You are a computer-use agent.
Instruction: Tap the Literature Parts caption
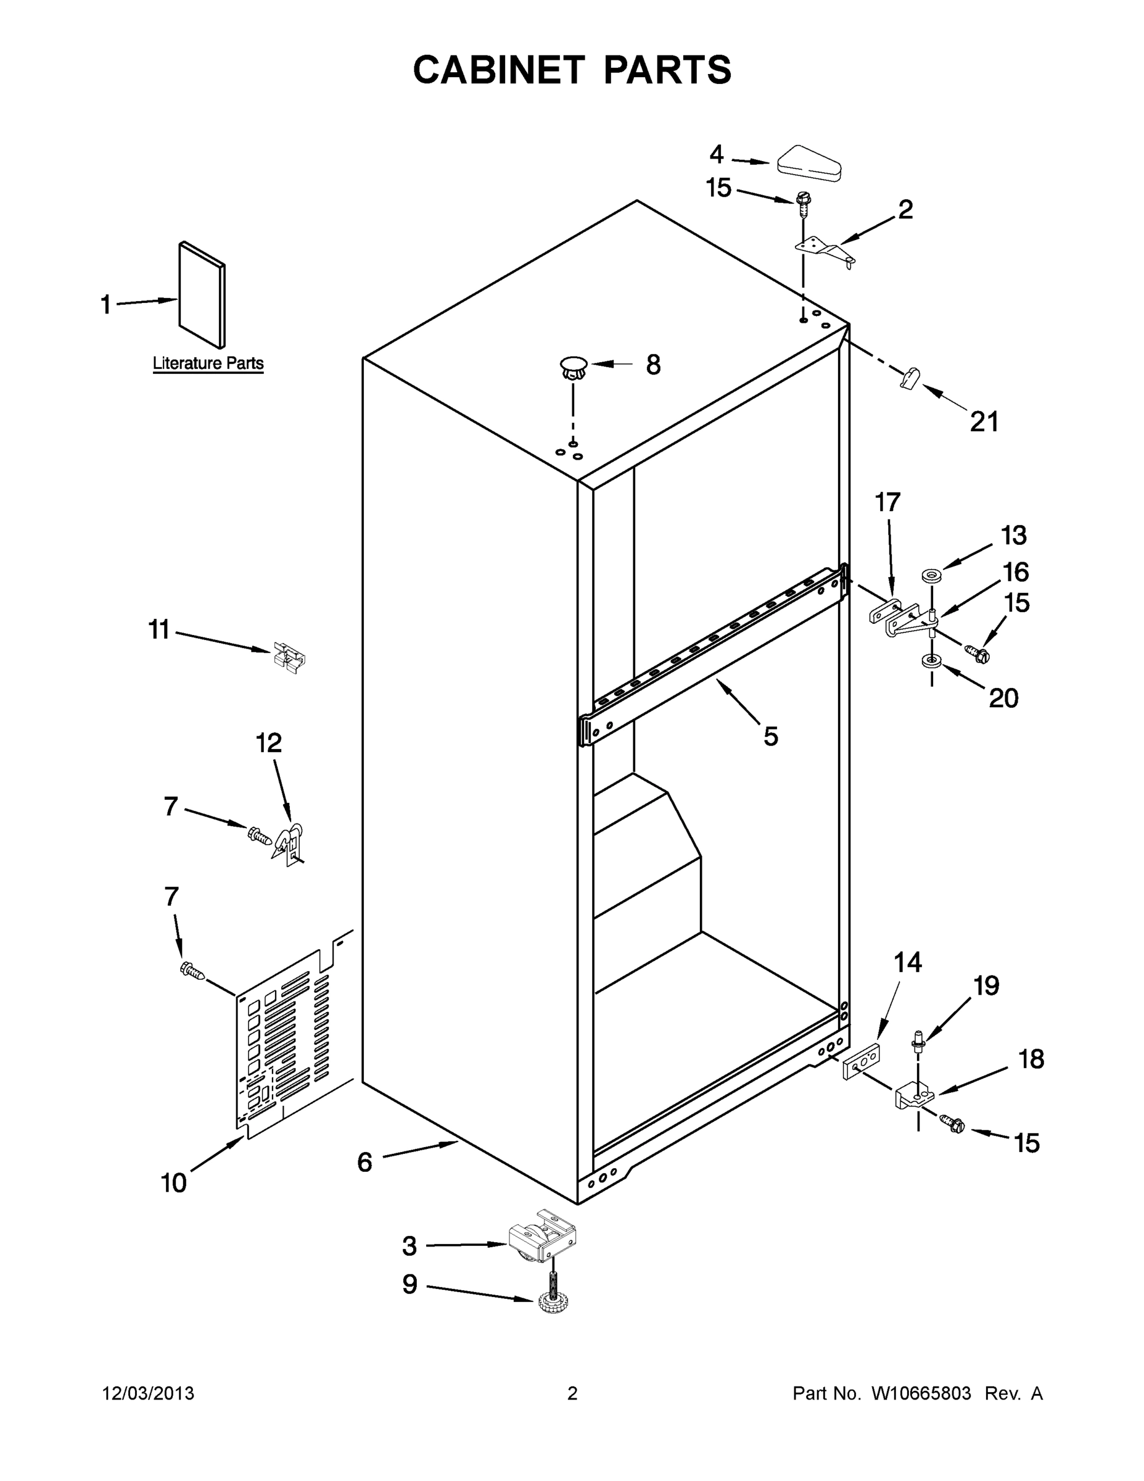(x=208, y=363)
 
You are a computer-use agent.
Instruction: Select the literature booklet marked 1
(x=202, y=295)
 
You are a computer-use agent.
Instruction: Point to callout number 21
(x=984, y=422)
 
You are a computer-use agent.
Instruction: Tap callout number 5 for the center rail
(x=770, y=736)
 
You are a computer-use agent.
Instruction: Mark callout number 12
(x=268, y=743)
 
